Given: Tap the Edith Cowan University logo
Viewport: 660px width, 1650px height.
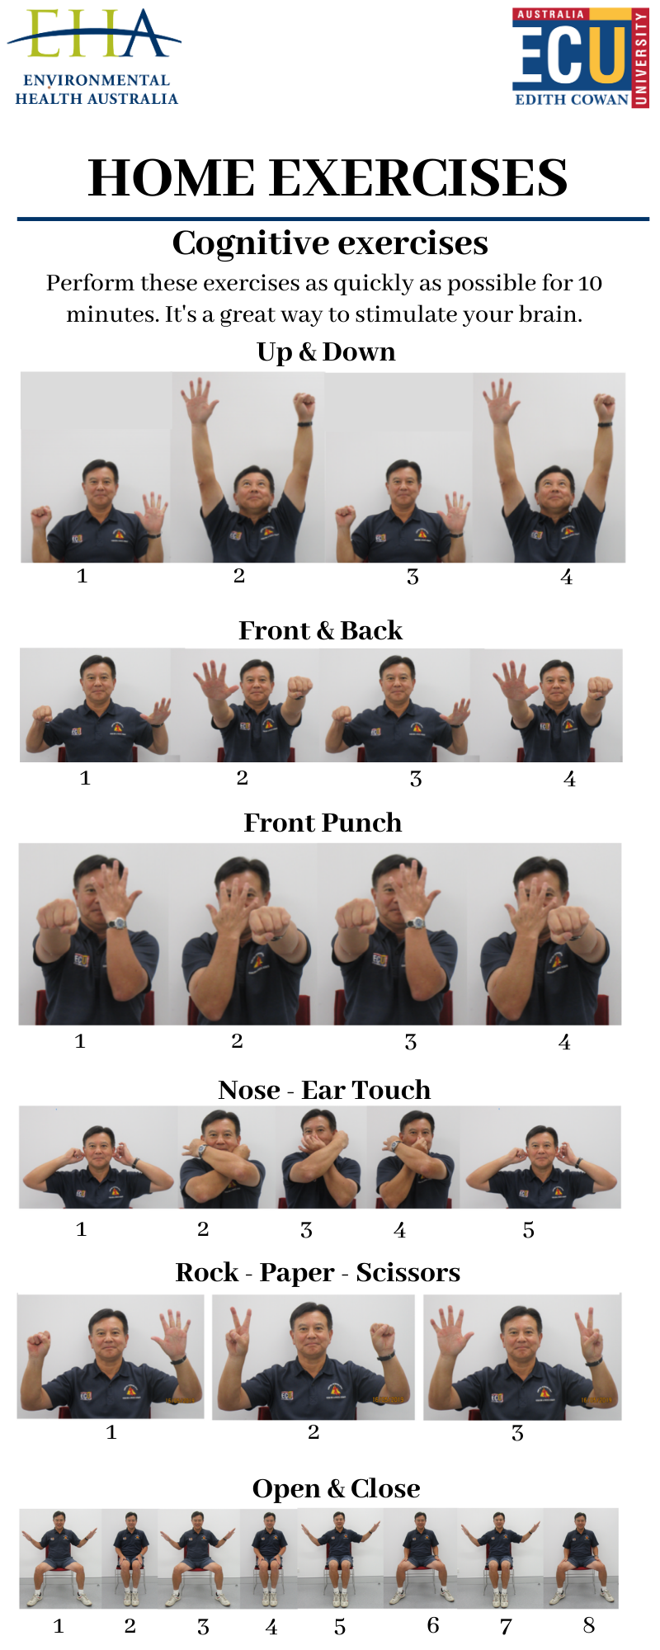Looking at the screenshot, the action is point(580,58).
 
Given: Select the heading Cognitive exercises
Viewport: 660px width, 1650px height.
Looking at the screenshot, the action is point(330,243).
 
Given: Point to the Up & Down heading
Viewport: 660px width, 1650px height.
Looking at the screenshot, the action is point(326,352).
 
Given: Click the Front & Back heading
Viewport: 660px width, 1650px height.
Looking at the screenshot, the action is point(320,630).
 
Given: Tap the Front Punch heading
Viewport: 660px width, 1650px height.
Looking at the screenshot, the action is point(323,823).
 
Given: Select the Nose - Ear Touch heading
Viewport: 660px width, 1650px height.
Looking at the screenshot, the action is point(324,1090).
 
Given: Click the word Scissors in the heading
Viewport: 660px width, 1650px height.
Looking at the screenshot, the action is point(408,1272).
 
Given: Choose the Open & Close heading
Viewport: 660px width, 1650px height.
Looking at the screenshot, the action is point(336,1488).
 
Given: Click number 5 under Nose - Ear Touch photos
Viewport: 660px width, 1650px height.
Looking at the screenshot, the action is point(529,1230).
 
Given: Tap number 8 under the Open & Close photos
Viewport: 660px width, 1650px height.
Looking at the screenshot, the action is point(588,1625).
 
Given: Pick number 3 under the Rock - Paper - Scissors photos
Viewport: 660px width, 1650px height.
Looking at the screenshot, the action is point(517,1433).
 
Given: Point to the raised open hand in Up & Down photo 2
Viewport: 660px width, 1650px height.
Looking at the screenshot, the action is point(200,401).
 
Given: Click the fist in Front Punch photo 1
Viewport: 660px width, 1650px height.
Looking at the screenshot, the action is point(56,917).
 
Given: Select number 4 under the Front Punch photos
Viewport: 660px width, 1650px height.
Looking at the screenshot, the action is point(564,1042).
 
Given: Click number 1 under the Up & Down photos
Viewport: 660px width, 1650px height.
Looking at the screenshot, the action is point(82,576).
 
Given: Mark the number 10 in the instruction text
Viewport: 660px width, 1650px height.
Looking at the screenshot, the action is point(590,284).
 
